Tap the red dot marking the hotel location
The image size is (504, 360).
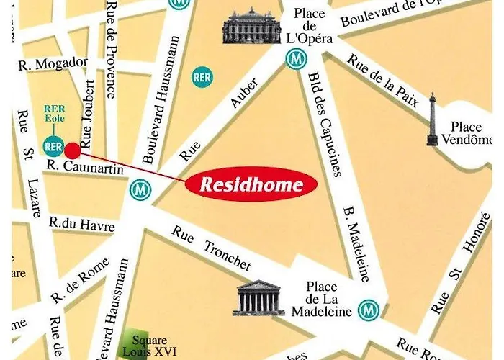pyautogui.click(x=73, y=150)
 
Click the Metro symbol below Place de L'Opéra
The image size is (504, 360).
pyautogui.click(x=294, y=60)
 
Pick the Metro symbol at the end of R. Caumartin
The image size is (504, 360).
pyautogui.click(x=140, y=191)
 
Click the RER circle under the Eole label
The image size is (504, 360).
pyautogui.click(x=53, y=147)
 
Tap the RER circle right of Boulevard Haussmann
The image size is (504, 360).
pyautogui.click(x=202, y=78)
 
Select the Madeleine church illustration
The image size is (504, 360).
pyautogui.click(x=258, y=297)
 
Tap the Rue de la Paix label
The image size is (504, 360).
pyautogui.click(x=382, y=80)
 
